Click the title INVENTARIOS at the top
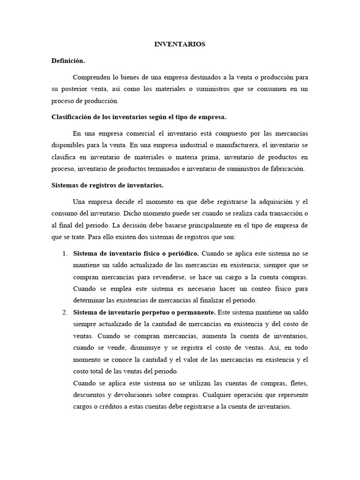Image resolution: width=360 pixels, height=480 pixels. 180,45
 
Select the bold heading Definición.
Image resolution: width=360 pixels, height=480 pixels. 68,61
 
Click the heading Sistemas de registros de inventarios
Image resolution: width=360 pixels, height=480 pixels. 107,185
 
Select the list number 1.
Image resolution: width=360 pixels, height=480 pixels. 64,254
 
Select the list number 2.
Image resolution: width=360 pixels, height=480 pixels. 64,312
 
